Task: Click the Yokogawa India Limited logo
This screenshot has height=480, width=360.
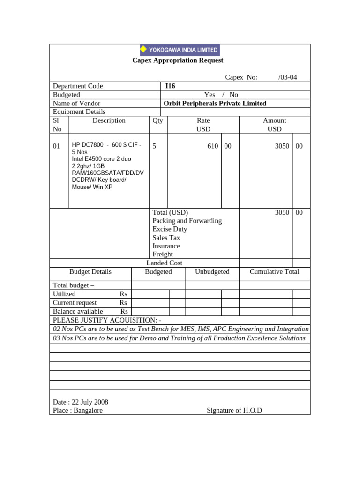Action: pyautogui.click(x=180, y=50)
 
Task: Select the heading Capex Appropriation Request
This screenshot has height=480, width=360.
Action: pyautogui.click(x=178, y=60)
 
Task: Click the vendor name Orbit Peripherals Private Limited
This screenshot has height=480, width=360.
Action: pyautogui.click(x=215, y=104)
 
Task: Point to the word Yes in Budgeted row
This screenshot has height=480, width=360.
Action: pyautogui.click(x=210, y=95)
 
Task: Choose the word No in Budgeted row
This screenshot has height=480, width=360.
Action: pyautogui.click(x=233, y=95)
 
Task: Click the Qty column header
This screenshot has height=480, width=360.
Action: pyautogui.click(x=157, y=120)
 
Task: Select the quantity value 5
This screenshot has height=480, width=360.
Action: pyautogui.click(x=155, y=146)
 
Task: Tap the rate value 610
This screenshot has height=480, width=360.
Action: pyautogui.click(x=213, y=146)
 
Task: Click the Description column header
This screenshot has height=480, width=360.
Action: pyautogui.click(x=109, y=120)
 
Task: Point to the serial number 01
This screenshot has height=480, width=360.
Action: pyautogui.click(x=57, y=146)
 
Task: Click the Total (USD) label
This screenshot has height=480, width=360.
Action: pyautogui.click(x=170, y=212)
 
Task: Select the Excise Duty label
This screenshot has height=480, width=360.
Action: pyautogui.click(x=170, y=229)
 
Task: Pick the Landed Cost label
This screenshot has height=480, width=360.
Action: pyautogui.click(x=164, y=263)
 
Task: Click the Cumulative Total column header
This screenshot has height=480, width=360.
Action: pyautogui.click(x=274, y=272)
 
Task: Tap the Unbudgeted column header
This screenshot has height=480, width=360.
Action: pyautogui.click(x=212, y=272)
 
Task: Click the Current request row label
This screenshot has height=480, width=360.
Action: pyautogui.click(x=75, y=303)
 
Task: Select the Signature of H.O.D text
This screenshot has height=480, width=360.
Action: pyautogui.click(x=234, y=411)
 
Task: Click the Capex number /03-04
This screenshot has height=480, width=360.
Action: pyautogui.click(x=287, y=77)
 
